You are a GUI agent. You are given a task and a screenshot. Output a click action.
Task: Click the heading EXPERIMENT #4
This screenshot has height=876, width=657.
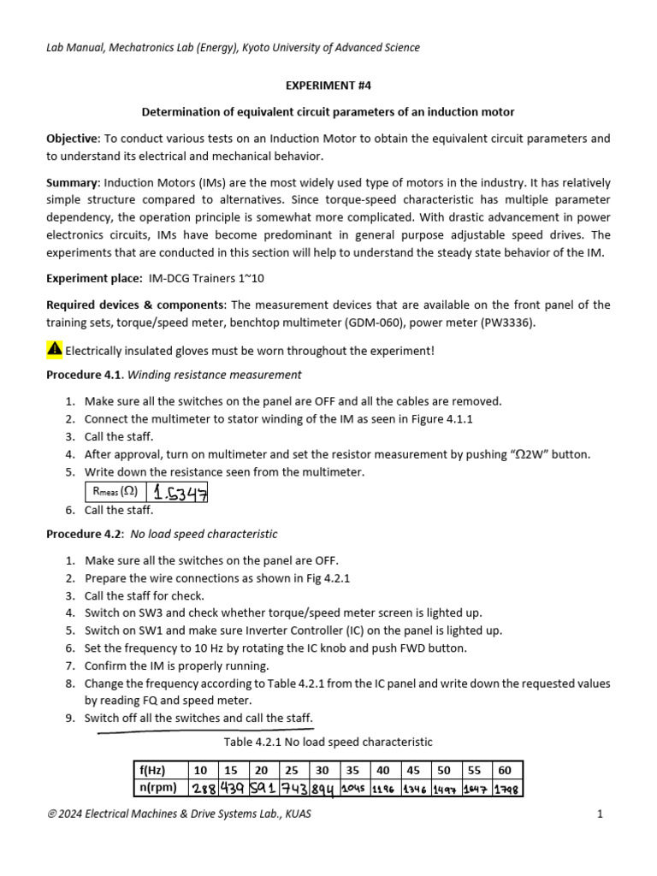[x=328, y=86]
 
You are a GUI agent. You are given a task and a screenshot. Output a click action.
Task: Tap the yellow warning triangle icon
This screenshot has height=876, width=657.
[x=54, y=349]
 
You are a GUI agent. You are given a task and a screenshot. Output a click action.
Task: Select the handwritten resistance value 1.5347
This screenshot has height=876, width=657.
[x=178, y=492]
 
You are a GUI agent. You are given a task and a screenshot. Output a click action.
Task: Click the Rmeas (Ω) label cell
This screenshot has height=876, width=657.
[x=115, y=491]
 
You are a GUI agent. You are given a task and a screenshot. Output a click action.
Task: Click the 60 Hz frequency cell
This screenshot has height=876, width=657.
[x=505, y=770]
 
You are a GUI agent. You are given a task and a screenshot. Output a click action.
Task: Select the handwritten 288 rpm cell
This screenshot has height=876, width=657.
[x=204, y=788]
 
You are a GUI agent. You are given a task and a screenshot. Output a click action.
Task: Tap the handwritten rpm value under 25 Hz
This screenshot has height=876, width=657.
[x=292, y=788]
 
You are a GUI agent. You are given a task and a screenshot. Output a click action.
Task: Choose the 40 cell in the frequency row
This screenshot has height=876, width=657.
[x=383, y=770]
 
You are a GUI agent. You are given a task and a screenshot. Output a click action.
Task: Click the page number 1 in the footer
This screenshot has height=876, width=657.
[x=601, y=814]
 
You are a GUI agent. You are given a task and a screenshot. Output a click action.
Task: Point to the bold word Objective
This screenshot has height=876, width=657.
[x=73, y=139]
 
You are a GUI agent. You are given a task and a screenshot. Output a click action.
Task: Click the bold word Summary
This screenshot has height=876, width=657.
[x=73, y=183]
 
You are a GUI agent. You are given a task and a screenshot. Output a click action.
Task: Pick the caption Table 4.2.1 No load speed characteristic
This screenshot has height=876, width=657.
[x=328, y=742]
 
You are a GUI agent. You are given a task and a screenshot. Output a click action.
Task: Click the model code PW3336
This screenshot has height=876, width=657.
[x=508, y=323]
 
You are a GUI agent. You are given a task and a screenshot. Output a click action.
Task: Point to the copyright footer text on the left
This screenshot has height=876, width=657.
[x=179, y=814]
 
